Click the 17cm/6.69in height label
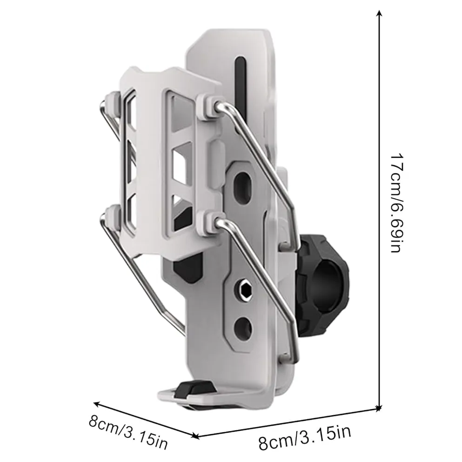click(x=396, y=203)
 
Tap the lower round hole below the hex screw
click(x=243, y=328)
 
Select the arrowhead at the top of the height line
click(x=380, y=13)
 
